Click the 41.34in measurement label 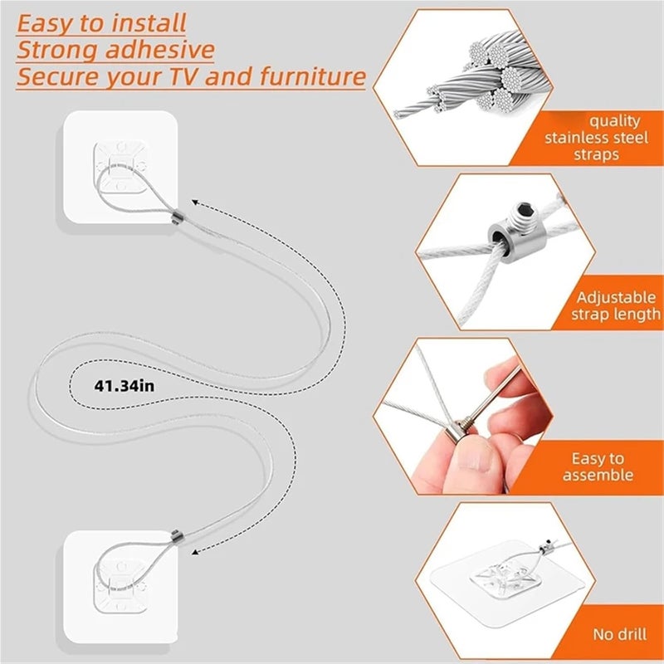click(124, 385)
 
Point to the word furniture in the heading click(310, 77)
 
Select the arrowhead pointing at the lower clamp click(199, 548)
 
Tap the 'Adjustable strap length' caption click(616, 305)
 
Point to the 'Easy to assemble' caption click(598, 466)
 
